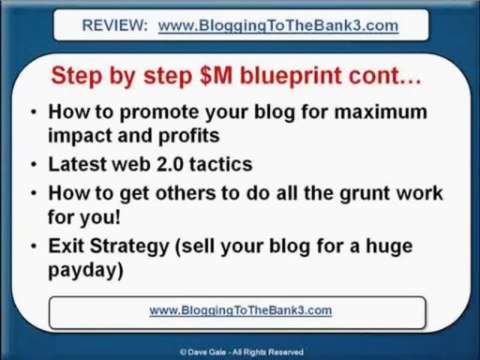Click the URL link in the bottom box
point(240,310)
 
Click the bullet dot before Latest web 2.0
point(35,164)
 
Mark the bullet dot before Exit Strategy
point(35,247)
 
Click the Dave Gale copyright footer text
point(240,352)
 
